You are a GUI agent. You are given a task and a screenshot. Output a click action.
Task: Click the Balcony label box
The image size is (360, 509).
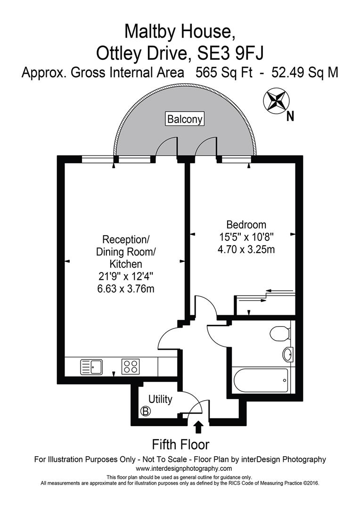pyautogui.click(x=185, y=119)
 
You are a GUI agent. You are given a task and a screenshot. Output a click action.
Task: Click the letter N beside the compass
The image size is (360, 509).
pyautogui.click(x=290, y=116)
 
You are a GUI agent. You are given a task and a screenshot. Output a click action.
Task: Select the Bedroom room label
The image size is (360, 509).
pyautogui.click(x=246, y=225)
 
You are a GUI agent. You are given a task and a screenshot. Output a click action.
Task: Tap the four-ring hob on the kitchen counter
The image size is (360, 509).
pyautogui.click(x=130, y=366)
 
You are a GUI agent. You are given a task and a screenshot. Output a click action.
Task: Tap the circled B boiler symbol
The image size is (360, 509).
pyautogui.click(x=146, y=411)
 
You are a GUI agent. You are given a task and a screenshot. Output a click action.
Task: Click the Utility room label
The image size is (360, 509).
pyautogui.click(x=161, y=400)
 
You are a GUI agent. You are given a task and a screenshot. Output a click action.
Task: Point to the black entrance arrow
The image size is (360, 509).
pyautogui.click(x=198, y=427)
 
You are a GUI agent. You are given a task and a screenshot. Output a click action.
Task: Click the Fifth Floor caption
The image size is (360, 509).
pyautogui.click(x=180, y=444)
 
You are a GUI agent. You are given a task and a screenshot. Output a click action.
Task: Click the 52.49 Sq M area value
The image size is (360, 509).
pyautogui.click(x=302, y=73)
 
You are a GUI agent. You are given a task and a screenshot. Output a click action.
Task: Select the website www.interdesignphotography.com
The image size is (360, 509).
pyautogui.click(x=184, y=468)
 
